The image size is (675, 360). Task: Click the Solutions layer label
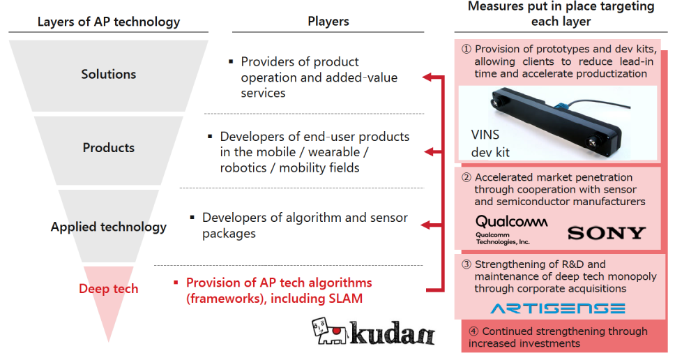pyautogui.click(x=109, y=74)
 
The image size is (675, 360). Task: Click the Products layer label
pyautogui.click(x=109, y=148)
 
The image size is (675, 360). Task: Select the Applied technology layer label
pyautogui.click(x=109, y=227)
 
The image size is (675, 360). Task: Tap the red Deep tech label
pyautogui.click(x=109, y=289)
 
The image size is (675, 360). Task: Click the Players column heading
pyautogui.click(x=328, y=21)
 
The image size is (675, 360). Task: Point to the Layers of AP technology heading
pyautogui.click(x=109, y=22)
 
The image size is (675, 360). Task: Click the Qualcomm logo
pyautogui.click(x=511, y=230)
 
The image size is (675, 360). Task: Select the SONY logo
pyautogui.click(x=607, y=233)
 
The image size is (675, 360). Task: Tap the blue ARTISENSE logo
pyautogui.click(x=558, y=308)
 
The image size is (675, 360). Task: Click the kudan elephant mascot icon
pyautogui.click(x=329, y=331)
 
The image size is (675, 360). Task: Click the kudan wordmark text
pyautogui.click(x=392, y=333)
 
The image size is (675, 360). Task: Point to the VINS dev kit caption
pyautogui.click(x=490, y=144)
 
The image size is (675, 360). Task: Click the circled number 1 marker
pyautogui.click(x=467, y=49)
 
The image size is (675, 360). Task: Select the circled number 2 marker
pyautogui.click(x=467, y=177)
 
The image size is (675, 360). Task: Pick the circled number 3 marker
pyautogui.click(x=467, y=264)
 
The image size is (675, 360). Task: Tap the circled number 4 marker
pyautogui.click(x=473, y=331)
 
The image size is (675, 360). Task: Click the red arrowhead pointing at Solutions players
pyautogui.click(x=427, y=77)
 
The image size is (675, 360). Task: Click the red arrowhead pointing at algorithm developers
pyautogui.click(x=425, y=225)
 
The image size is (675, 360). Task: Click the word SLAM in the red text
pyautogui.click(x=344, y=299)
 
